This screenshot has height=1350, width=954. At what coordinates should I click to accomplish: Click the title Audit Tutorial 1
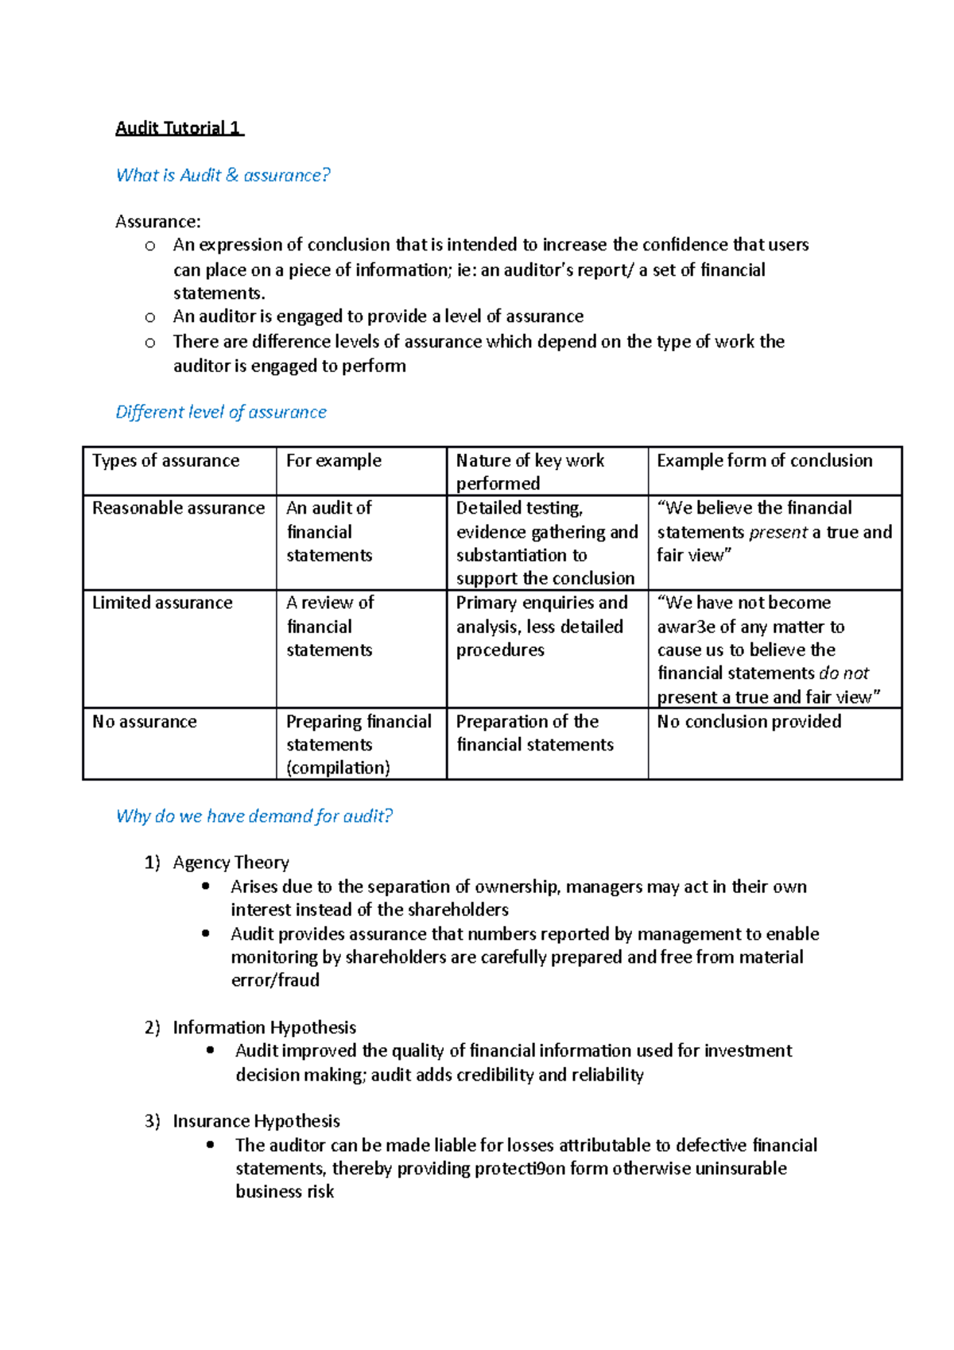pyautogui.click(x=179, y=128)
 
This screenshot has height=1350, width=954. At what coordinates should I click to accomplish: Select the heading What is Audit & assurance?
pyautogui.click(x=223, y=175)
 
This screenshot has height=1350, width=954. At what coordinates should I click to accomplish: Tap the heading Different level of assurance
pyautogui.click(x=221, y=412)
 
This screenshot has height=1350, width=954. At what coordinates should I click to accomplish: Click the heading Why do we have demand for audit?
pyautogui.click(x=254, y=816)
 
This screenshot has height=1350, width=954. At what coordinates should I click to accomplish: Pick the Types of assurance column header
pyautogui.click(x=165, y=460)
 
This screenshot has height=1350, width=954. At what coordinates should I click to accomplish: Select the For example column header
pyautogui.click(x=334, y=460)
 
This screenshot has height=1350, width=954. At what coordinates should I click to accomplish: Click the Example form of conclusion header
pyautogui.click(x=764, y=460)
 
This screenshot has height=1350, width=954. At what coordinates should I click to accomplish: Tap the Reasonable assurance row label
pyautogui.click(x=178, y=507)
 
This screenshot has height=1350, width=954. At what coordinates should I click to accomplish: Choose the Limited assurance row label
pyautogui.click(x=162, y=603)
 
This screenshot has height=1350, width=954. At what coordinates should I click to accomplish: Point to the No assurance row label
pyautogui.click(x=144, y=721)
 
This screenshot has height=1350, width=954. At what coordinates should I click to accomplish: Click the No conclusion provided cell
pyautogui.click(x=749, y=721)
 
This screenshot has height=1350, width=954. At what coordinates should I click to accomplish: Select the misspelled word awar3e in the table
pyautogui.click(x=686, y=627)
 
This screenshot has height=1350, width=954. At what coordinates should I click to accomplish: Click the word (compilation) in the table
pyautogui.click(x=338, y=767)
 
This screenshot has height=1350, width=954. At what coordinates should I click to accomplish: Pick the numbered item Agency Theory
pyautogui.click(x=231, y=863)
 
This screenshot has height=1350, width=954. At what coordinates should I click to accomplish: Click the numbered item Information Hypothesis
pyautogui.click(x=264, y=1027)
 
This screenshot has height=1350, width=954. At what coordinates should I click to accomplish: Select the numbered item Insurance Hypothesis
pyautogui.click(x=256, y=1121)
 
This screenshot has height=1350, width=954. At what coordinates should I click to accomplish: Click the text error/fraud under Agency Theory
pyautogui.click(x=275, y=980)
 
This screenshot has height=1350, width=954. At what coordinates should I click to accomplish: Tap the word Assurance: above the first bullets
pyautogui.click(x=158, y=221)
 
